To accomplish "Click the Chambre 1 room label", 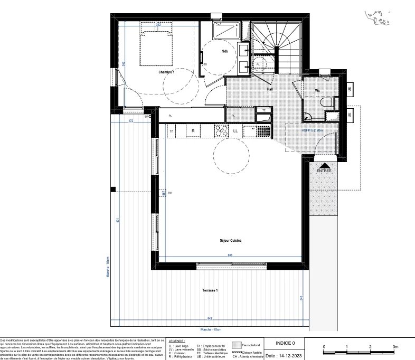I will click(x=166, y=72).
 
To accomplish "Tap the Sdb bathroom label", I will click(x=225, y=51).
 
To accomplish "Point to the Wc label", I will click(x=318, y=90).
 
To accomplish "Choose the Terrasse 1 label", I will click(x=210, y=291).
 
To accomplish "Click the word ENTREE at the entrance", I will click(x=324, y=172).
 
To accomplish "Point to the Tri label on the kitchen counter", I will click(x=172, y=130).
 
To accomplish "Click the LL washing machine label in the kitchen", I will click(x=235, y=130).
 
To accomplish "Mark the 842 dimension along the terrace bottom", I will click(x=210, y=319).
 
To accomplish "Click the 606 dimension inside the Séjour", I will click(x=230, y=255).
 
